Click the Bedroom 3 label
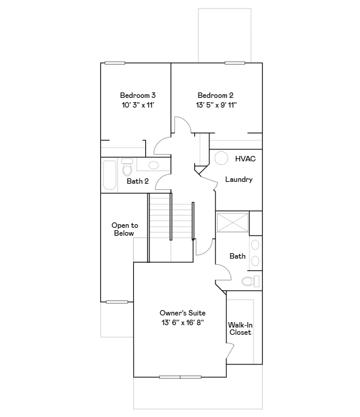point(137,95)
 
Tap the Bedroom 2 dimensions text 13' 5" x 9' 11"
point(215,105)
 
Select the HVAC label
point(245,158)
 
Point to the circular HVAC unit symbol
point(221,157)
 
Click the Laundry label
point(238,179)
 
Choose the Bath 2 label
point(137,181)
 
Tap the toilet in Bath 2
point(127,166)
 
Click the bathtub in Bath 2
point(110,175)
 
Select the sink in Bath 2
point(154,164)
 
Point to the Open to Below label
point(125,229)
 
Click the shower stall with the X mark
point(232,222)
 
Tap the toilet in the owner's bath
point(250,281)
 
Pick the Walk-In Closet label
point(240,329)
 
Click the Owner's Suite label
point(182,313)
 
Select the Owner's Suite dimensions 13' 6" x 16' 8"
point(182,323)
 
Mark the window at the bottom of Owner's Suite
point(180,377)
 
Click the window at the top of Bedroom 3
point(115,62)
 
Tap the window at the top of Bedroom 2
point(235,62)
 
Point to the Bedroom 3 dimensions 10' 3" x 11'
point(137,105)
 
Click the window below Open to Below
point(117,302)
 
